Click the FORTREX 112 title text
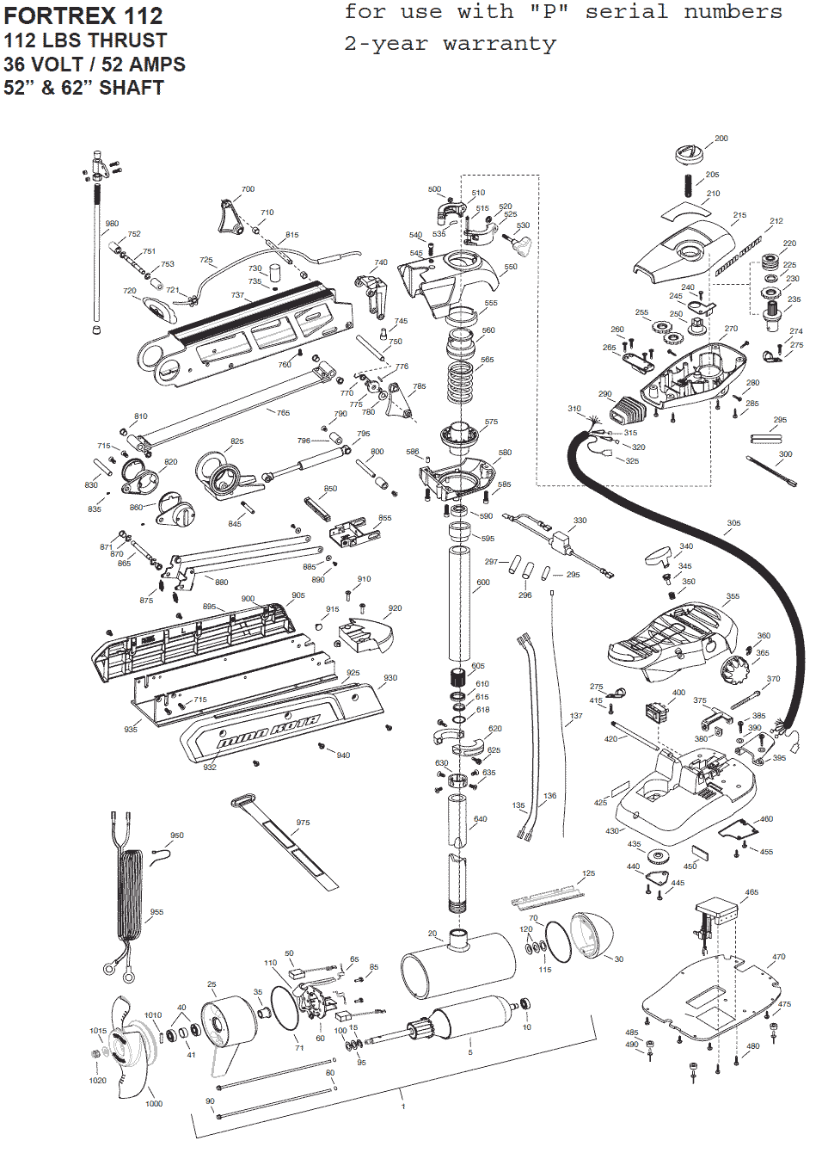pos(83,15)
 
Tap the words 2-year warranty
pos(450,44)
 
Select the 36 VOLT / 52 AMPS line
pos(95,65)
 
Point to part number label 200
pos(721,139)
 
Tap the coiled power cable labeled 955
pos(131,895)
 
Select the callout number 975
pos(304,823)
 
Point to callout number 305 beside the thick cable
pos(733,523)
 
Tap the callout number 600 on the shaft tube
pos(483,583)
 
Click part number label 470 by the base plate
pos(778,957)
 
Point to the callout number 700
pos(248,189)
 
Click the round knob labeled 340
pos(659,555)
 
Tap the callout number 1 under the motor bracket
pos(402,1106)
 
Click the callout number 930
pos(390,678)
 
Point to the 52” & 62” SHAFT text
pos(83,88)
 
